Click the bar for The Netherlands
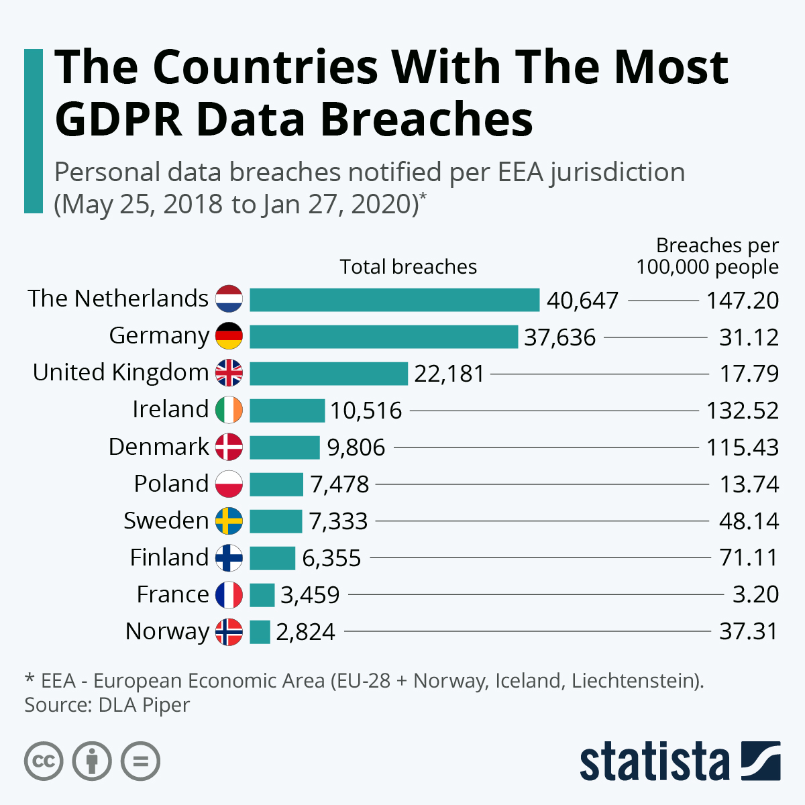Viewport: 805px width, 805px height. pos(394,300)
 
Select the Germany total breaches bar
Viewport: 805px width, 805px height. pos(384,337)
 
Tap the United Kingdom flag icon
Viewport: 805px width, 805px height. pos(229,373)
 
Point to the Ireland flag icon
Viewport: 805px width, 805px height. pos(229,410)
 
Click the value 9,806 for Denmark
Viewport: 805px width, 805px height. pos(356,447)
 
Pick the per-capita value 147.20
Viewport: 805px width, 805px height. pos(742,301)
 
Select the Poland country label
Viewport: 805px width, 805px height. pos(171,484)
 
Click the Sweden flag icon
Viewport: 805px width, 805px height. pos(229,521)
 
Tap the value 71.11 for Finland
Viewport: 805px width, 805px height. pos(749,557)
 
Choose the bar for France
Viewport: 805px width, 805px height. pos(262,595)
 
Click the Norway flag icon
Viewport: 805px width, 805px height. pos(229,632)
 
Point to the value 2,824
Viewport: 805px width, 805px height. pos(305,632)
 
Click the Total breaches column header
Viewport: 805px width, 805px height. pos(408,267)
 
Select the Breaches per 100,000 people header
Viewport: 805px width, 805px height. pos(708,256)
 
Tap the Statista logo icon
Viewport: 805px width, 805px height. pos(760,761)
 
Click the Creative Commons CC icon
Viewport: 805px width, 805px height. pos(44,761)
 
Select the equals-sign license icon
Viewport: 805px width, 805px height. pos(141,761)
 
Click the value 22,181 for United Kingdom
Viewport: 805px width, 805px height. pos(449,374)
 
